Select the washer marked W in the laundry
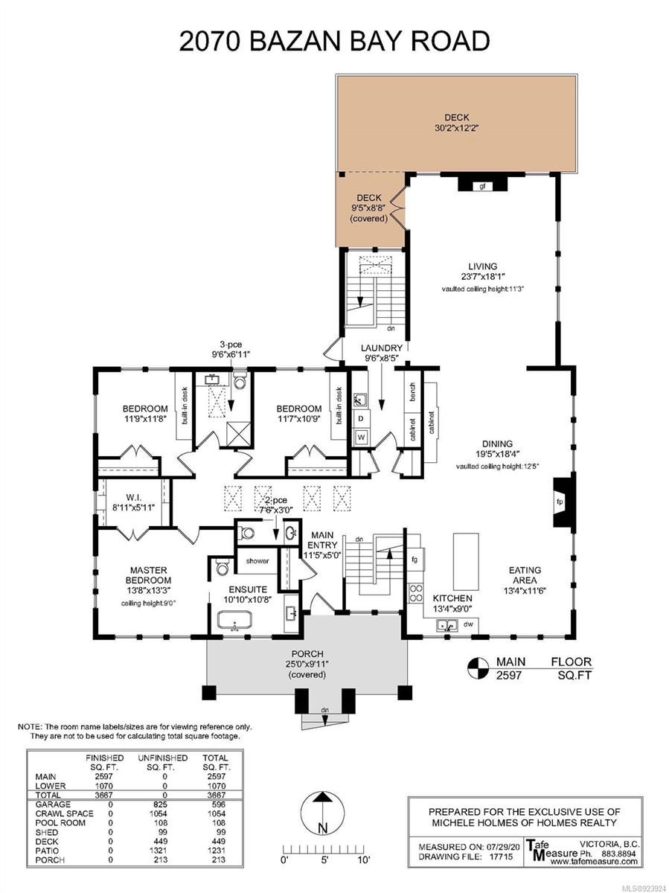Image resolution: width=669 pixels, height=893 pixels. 361,438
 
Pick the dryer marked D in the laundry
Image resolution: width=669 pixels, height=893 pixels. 361,418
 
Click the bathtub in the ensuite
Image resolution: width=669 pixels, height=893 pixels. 234,621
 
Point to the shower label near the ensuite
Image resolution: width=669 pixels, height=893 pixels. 257,561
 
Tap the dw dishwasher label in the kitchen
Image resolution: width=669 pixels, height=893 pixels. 469,624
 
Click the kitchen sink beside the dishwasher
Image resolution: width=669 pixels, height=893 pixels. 447,625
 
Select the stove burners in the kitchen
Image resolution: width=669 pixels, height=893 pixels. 415,593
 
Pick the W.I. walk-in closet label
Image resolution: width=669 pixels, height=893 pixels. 133,497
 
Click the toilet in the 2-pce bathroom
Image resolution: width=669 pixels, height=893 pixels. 246,532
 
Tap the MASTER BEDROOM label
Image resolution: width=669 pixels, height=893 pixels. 148,574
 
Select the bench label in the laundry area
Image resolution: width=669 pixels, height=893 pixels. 412,391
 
